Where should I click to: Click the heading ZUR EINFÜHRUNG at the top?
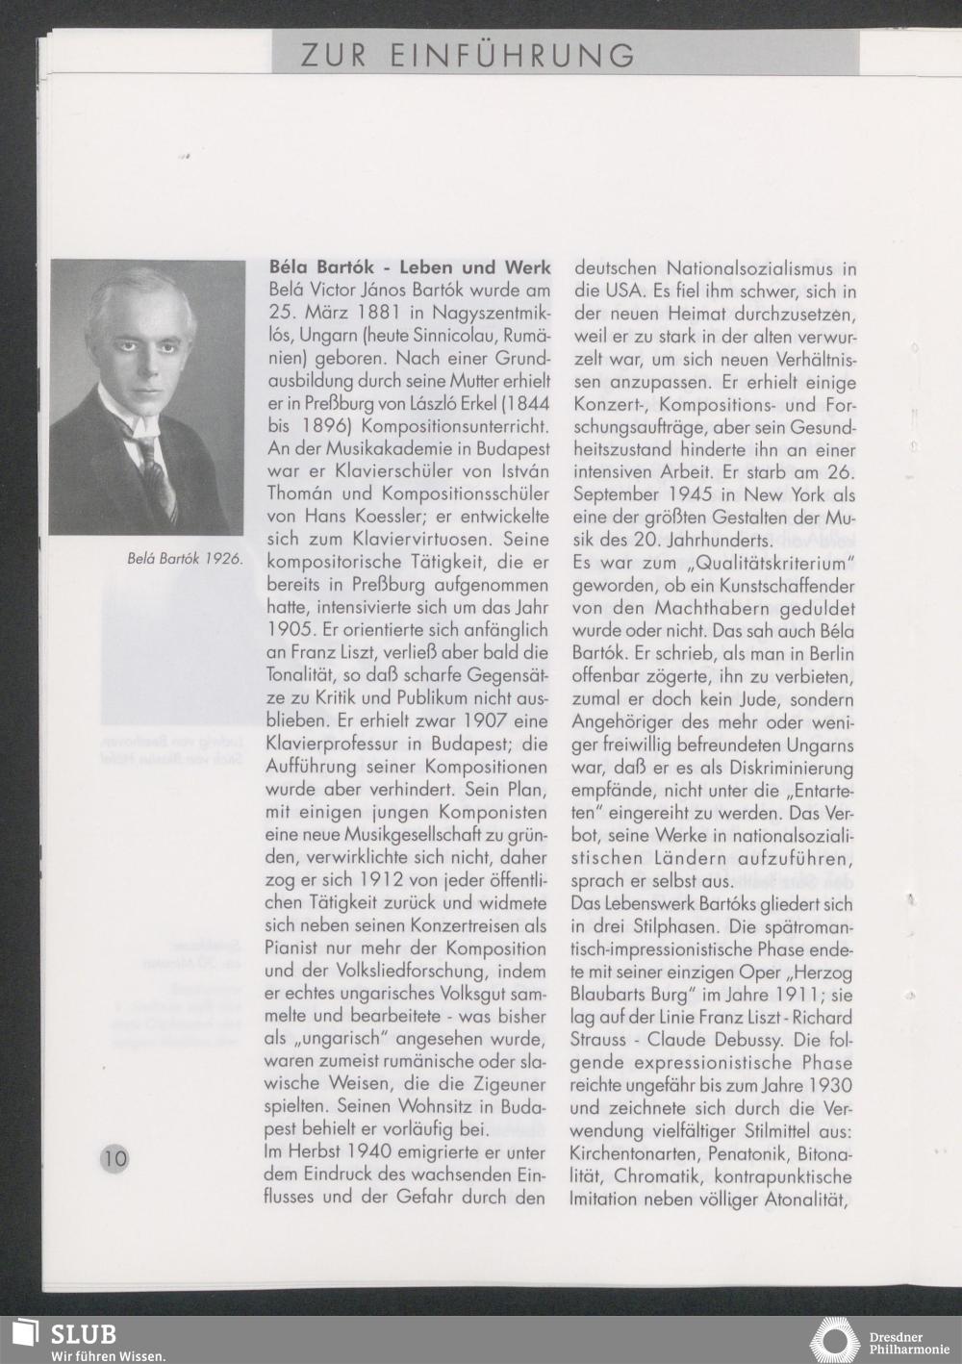[x=468, y=55]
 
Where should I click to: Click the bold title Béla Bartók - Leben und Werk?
[x=409, y=267]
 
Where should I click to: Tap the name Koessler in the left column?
[x=376, y=518]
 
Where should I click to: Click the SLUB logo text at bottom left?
[x=83, y=1334]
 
